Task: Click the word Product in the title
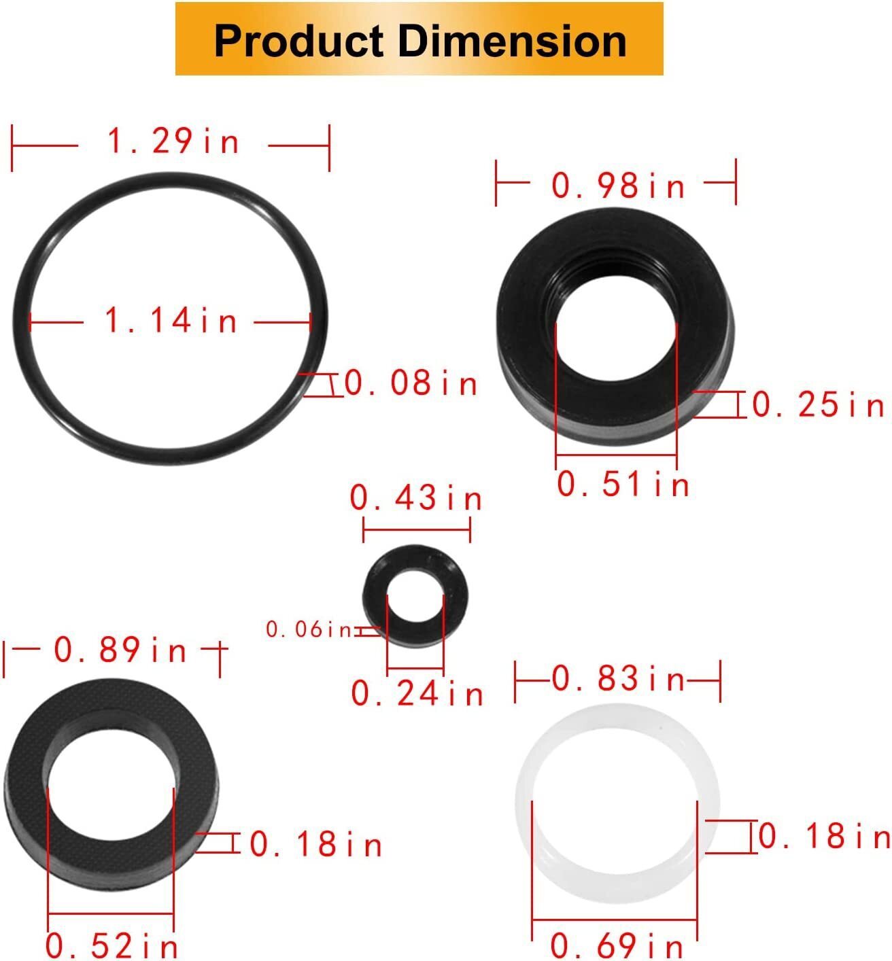tap(299, 41)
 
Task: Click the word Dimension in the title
tap(512, 41)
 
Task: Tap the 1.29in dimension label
tap(173, 142)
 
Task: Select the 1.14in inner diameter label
tap(171, 320)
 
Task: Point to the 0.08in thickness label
tap(411, 384)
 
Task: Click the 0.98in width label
tap(618, 186)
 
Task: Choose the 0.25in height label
tap(819, 406)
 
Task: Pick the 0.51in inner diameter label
tap(623, 485)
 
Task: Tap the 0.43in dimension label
tap(416, 499)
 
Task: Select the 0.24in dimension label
tap(417, 694)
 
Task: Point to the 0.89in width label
tap(120, 650)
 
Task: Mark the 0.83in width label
tap(618, 679)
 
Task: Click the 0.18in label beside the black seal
tap(316, 845)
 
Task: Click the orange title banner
tap(419, 39)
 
